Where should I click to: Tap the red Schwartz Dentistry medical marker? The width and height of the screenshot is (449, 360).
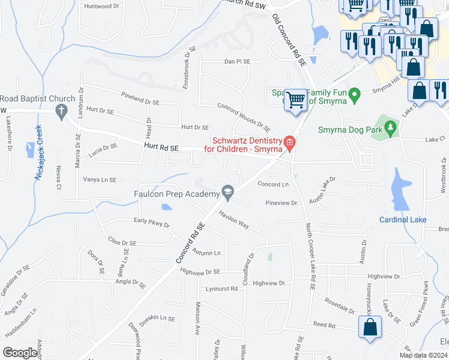[289, 142]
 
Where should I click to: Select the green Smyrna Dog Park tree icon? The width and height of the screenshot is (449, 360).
[391, 127]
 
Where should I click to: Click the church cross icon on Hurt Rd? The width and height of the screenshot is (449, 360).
[61, 110]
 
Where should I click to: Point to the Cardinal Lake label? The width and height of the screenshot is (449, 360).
[402, 220]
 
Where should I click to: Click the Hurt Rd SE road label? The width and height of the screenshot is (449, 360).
[161, 147]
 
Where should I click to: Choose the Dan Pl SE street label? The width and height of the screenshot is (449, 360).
[237, 62]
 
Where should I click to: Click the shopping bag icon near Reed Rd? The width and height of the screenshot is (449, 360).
[369, 328]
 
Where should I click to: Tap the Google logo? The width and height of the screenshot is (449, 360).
[20, 353]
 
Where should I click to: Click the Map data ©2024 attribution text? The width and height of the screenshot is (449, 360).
[424, 355]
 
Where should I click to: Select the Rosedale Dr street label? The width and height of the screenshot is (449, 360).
[339, 305]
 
